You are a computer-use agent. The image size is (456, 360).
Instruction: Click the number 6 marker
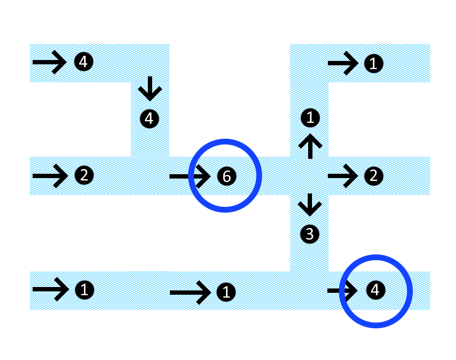[227, 176]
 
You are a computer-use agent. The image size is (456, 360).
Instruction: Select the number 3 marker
[310, 234]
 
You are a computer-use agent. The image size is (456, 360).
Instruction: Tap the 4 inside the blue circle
[375, 289]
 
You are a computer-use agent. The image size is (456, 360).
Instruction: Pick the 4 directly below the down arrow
[149, 118]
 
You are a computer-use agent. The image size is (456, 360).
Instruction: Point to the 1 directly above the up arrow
[310, 117]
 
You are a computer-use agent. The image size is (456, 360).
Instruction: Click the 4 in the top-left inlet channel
[84, 62]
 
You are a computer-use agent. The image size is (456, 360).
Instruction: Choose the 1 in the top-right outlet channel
[373, 63]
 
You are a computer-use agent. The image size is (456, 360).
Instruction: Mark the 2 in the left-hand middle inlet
[84, 175]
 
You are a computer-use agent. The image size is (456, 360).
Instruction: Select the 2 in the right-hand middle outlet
[373, 176]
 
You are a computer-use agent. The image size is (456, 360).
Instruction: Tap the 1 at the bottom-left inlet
[84, 289]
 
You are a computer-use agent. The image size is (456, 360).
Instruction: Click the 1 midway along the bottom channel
[226, 291]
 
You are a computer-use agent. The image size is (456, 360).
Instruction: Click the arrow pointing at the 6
[190, 176]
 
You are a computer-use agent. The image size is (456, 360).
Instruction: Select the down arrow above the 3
[310, 204]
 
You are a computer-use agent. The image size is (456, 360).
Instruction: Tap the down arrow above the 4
[150, 88]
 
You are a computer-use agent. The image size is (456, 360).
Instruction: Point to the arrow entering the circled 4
[342, 290]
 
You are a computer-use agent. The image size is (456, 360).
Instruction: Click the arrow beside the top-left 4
[49, 62]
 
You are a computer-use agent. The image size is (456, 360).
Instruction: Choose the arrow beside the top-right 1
[343, 63]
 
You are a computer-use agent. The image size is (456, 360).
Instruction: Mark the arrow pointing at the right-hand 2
[343, 176]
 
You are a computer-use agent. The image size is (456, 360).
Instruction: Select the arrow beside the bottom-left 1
[50, 289]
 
